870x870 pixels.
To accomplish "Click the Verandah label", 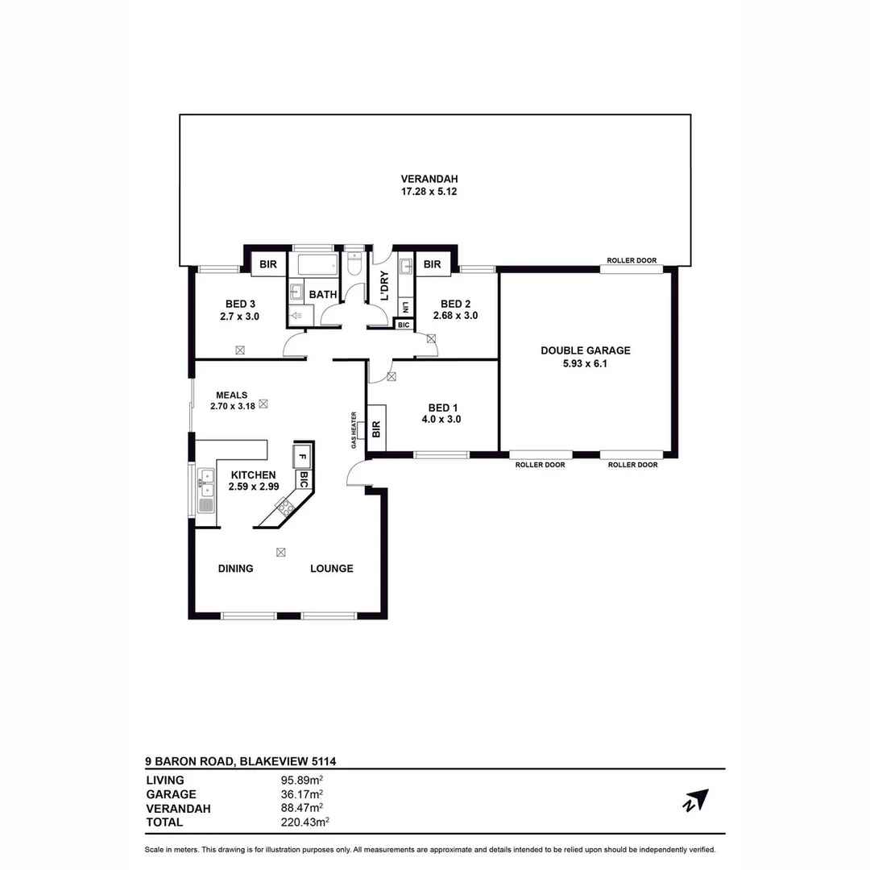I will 434,179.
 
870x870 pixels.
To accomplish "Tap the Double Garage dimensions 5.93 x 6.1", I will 586,363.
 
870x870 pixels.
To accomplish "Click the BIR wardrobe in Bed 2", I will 433,264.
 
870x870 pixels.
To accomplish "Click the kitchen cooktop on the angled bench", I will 285,507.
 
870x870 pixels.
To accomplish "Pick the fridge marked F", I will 302,457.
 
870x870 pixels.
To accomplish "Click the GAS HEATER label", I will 354,430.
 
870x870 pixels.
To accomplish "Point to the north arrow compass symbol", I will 696,800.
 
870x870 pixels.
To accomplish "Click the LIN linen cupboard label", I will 404,307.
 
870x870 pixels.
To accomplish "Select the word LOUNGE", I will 332,569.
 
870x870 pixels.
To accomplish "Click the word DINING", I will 235,569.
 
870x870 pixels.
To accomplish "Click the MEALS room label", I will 231,395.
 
